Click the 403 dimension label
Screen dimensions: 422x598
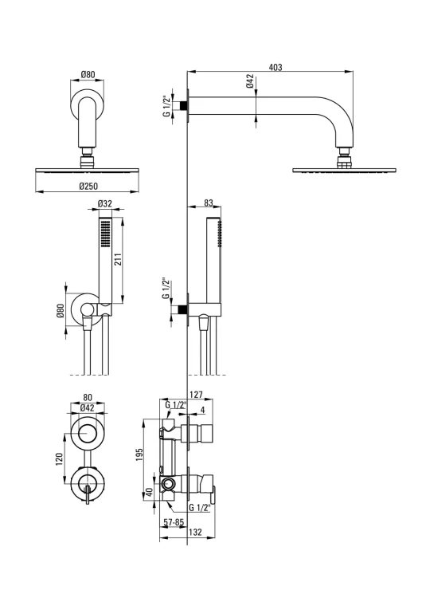[x=275, y=67]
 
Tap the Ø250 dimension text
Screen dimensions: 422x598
[x=88, y=186]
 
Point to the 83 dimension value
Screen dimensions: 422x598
[x=208, y=203]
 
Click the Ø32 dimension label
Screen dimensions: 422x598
[x=105, y=203]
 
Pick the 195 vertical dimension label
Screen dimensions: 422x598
[x=139, y=454]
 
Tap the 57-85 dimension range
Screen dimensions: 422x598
[x=174, y=522]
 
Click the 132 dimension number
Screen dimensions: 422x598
[x=195, y=532]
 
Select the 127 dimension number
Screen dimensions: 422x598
[x=196, y=395]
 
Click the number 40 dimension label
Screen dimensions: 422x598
[x=150, y=492]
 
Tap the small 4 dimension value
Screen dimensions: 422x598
[x=202, y=410]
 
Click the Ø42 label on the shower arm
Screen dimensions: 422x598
[x=250, y=81]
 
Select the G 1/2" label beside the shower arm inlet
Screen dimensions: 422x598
[x=166, y=106]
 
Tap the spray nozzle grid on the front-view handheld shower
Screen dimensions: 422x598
[x=105, y=234]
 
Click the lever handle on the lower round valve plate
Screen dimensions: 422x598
[x=88, y=495]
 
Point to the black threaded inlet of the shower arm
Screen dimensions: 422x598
[x=184, y=105]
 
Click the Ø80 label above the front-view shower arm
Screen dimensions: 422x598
[x=88, y=75]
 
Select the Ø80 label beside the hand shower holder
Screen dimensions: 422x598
[x=60, y=311]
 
